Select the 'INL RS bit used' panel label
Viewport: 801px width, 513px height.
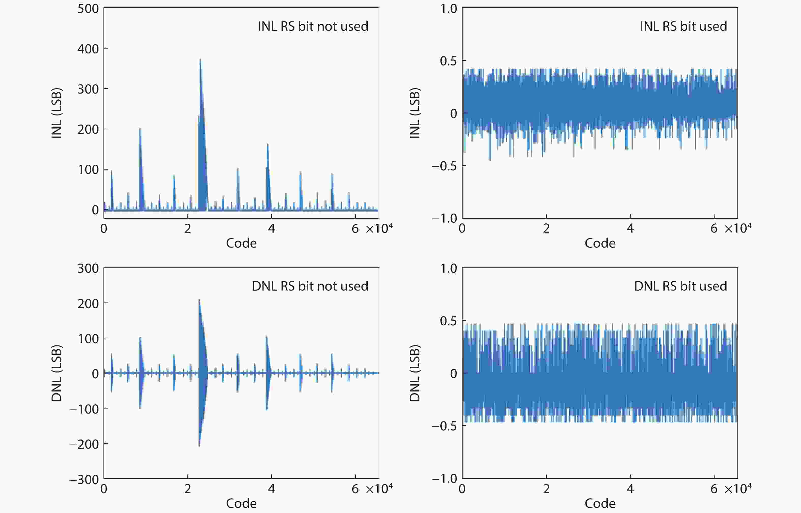tap(683, 26)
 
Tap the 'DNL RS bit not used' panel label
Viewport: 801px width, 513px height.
tap(310, 286)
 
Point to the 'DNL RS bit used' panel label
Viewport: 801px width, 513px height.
tap(680, 286)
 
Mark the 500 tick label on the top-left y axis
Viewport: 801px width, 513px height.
tap(88, 9)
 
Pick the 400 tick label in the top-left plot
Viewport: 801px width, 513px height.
tap(88, 49)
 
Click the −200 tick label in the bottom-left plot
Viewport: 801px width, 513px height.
tap(84, 444)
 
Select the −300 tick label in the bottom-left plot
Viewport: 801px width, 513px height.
tap(84, 480)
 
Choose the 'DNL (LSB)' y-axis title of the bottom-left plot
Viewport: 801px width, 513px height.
tap(57, 373)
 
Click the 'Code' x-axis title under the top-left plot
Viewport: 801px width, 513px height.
tap(241, 243)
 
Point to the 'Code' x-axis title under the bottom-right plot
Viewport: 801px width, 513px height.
tap(600, 503)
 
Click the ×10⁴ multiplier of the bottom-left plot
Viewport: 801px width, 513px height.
tap(379, 488)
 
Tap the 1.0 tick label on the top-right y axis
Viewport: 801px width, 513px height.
tap(449, 9)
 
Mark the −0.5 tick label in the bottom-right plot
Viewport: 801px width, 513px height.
tap(444, 426)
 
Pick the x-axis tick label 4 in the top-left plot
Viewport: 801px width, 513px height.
tap(272, 229)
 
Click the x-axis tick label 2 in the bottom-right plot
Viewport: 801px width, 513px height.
tap(546, 489)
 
